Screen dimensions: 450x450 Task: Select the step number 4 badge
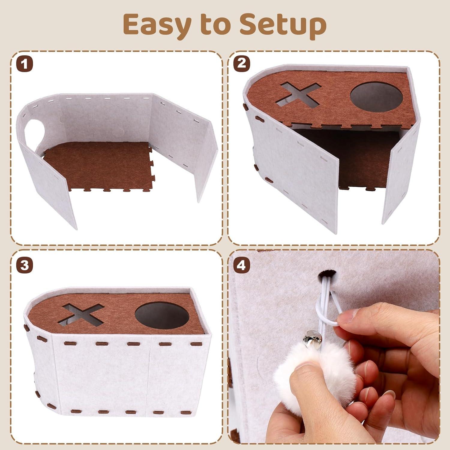241,265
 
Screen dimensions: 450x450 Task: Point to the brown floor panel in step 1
96,165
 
